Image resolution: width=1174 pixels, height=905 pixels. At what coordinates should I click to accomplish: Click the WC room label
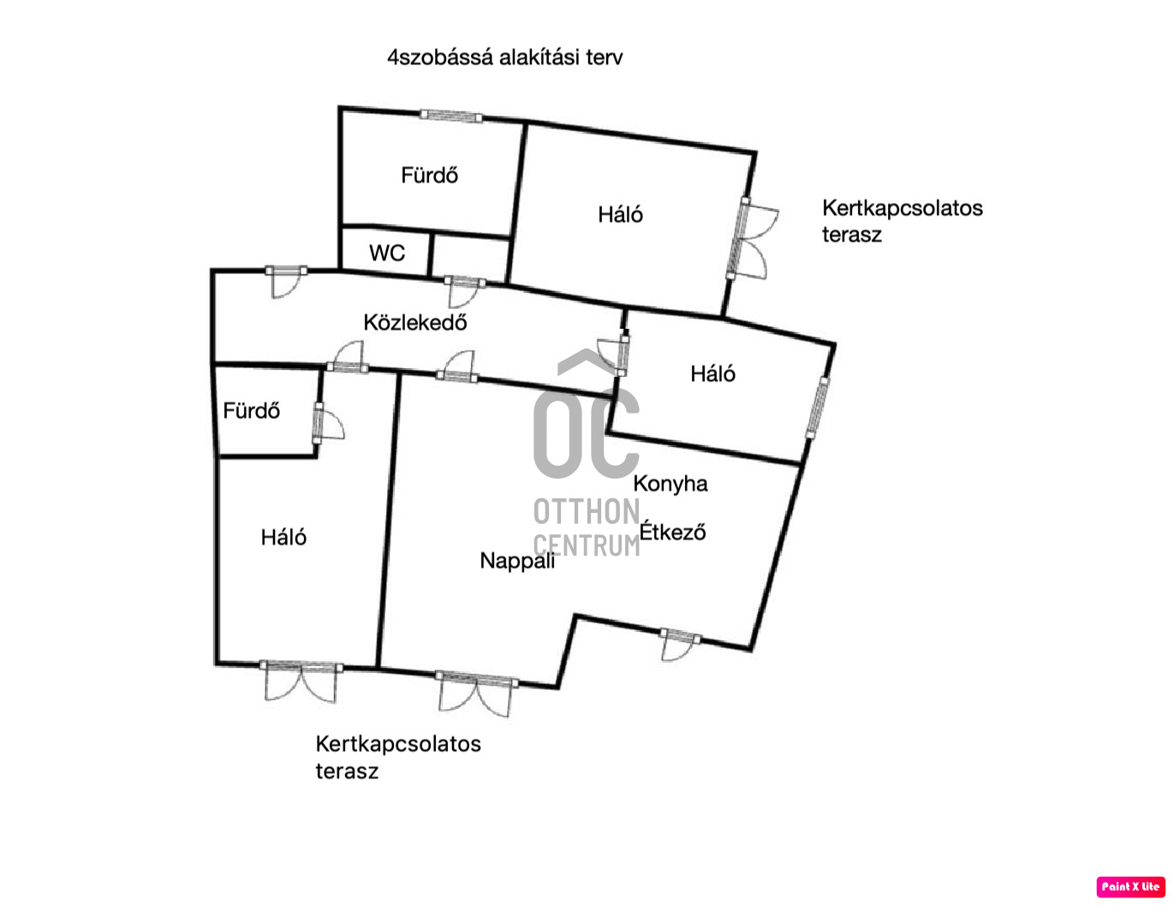[387, 253]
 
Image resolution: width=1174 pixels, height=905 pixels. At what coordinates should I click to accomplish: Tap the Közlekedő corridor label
[415, 323]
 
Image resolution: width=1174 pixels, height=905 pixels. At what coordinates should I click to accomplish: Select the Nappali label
[516, 561]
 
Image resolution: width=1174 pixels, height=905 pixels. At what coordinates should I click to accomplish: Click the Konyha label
[670, 484]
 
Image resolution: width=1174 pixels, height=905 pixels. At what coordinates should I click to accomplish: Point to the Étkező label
[673, 532]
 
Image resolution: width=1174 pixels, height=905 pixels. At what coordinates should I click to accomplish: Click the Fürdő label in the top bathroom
[429, 176]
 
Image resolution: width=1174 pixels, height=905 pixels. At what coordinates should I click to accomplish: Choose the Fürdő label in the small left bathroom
[251, 411]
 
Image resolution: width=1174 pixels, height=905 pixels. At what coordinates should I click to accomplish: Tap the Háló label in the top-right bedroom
[620, 215]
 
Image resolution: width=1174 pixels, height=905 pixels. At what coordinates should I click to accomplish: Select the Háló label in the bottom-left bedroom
[283, 538]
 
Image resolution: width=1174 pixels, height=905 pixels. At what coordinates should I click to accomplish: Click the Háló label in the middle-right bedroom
[712, 374]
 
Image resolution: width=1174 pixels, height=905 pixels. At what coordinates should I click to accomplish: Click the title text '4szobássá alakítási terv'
[505, 57]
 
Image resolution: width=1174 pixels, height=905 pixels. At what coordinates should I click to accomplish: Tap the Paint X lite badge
[1130, 887]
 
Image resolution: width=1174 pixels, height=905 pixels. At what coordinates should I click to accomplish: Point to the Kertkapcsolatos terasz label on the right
[902, 221]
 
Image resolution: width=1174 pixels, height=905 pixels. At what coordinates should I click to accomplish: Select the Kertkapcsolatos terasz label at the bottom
[397, 757]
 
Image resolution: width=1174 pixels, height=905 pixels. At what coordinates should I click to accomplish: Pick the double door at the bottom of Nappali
[476, 690]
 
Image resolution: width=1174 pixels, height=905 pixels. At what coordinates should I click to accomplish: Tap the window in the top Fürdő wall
[450, 116]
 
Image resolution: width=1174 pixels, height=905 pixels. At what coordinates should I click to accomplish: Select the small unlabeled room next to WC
[470, 256]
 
